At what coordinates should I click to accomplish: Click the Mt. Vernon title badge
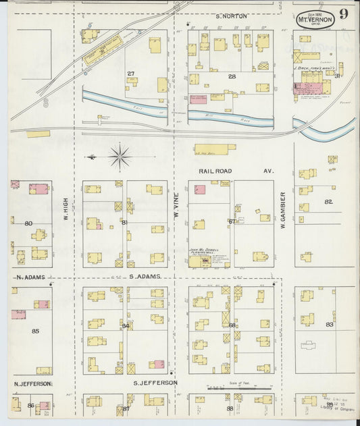coord(315,20)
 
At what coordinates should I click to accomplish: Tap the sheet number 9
coord(344,14)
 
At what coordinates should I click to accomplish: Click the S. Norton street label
coord(232,16)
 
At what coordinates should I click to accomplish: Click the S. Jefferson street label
coord(155,383)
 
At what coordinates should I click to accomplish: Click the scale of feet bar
coord(239,389)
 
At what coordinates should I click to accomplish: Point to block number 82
coord(328,202)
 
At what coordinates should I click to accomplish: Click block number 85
coord(35,331)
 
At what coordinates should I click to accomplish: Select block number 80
coord(28,223)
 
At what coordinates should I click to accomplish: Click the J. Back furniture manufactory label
coord(313,68)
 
